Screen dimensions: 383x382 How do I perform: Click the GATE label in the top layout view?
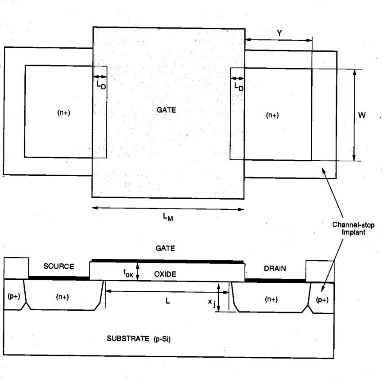166,110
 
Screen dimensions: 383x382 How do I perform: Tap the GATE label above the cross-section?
165,248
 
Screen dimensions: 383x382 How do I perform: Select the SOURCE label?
58,266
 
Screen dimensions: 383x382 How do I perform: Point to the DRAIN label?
275,268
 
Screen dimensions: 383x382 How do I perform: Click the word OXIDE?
165,274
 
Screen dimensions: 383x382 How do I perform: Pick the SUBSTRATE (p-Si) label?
139,339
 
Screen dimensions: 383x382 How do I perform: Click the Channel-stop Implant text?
353,228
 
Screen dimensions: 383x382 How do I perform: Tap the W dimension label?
362,115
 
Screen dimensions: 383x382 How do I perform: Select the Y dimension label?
279,33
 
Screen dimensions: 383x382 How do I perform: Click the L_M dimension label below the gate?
168,217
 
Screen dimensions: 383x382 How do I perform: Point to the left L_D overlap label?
101,85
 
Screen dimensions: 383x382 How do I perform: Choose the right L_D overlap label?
239,87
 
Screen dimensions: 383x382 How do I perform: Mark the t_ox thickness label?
128,273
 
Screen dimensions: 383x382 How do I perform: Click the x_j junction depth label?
212,303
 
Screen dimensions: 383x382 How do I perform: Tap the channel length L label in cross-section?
167,301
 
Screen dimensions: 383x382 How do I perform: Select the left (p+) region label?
14,297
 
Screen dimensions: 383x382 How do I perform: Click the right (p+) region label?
322,300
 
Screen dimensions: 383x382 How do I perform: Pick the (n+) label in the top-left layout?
64,112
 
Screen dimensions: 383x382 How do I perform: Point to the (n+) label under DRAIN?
271,299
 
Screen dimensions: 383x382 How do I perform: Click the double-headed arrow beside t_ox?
138,271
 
